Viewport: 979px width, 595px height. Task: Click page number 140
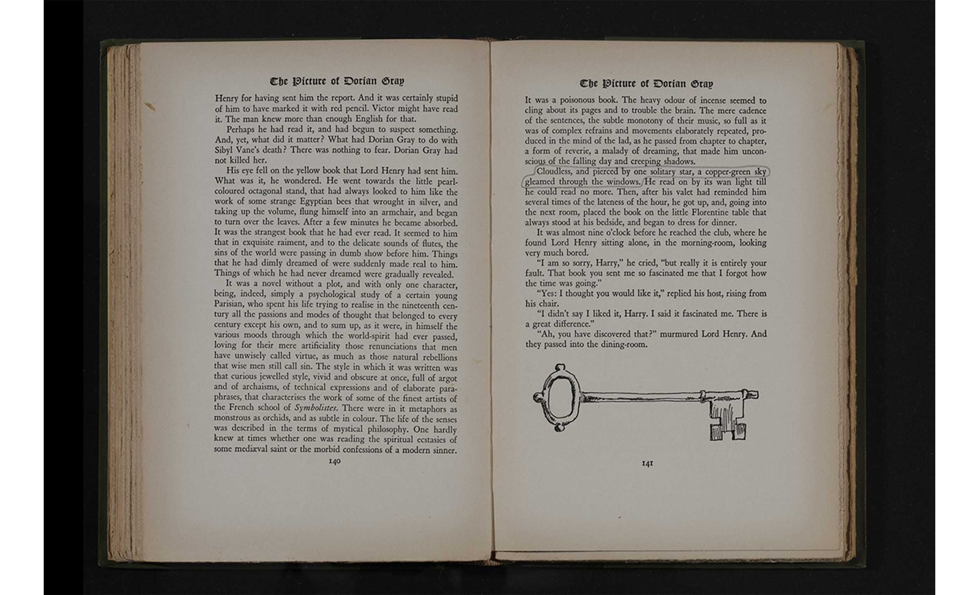pyautogui.click(x=335, y=461)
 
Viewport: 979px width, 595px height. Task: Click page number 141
pyautogui.click(x=647, y=463)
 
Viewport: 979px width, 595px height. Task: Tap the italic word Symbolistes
pyautogui.click(x=315, y=408)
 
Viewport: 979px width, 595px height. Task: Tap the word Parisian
pyautogui.click(x=228, y=304)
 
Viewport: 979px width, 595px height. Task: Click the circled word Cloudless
pyautogui.click(x=554, y=172)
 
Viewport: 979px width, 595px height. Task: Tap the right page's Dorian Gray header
pyautogui.click(x=646, y=84)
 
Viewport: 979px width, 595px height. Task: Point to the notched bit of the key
pyautogui.click(x=727, y=422)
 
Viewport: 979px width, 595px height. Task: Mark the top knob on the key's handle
pyautogui.click(x=560, y=367)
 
